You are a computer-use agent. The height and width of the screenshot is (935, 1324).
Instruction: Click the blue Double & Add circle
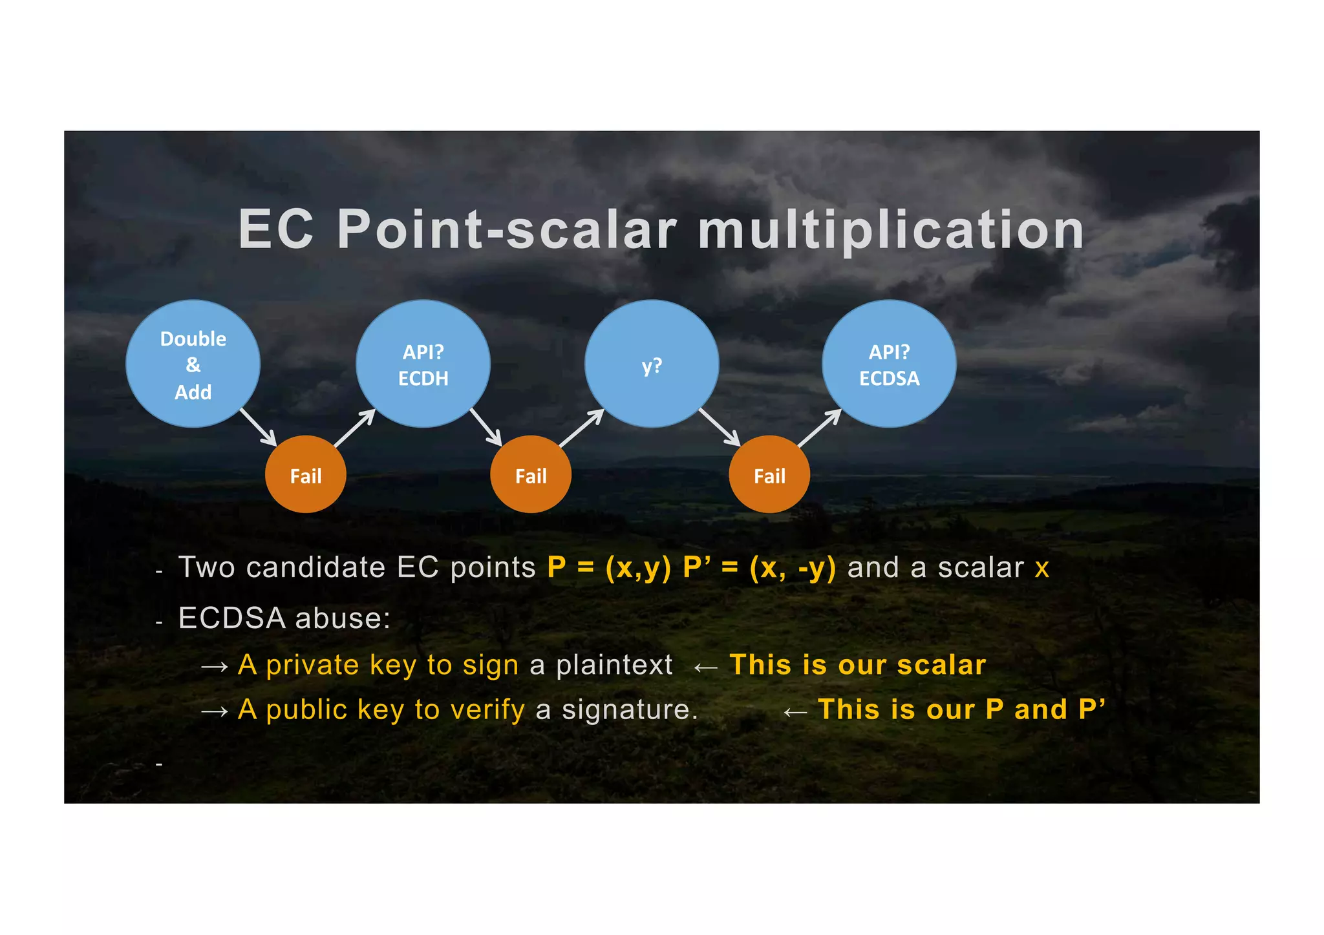[x=193, y=364]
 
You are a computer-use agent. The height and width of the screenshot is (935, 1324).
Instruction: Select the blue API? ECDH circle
[x=423, y=364]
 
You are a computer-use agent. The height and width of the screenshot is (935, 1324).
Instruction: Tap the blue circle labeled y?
[x=652, y=364]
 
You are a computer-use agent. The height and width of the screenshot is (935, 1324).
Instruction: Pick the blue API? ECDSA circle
[x=889, y=364]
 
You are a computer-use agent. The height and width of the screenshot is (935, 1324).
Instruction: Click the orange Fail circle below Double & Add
[x=306, y=475]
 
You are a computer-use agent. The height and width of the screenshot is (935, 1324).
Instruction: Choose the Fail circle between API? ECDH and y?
[x=531, y=475]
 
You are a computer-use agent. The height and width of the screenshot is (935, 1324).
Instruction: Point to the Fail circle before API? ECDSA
[x=769, y=475]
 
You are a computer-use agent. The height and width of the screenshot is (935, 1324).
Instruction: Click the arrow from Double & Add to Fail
[x=258, y=426]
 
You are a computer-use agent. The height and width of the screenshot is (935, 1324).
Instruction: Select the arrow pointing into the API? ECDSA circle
[x=819, y=428]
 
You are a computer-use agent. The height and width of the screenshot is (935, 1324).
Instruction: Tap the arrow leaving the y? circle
[x=720, y=426]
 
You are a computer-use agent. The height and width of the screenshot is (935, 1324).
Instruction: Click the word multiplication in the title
[x=890, y=230]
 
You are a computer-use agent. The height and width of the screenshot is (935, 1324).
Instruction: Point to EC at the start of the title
[x=276, y=230]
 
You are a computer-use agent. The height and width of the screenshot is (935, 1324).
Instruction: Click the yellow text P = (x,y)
[x=609, y=567]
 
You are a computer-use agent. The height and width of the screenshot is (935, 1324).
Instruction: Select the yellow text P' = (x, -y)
[x=759, y=567]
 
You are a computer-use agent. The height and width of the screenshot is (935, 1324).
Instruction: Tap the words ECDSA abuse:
[x=284, y=618]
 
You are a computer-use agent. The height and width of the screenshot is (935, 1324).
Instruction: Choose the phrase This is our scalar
[x=857, y=665]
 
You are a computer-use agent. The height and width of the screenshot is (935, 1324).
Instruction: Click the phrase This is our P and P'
[x=961, y=709]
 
